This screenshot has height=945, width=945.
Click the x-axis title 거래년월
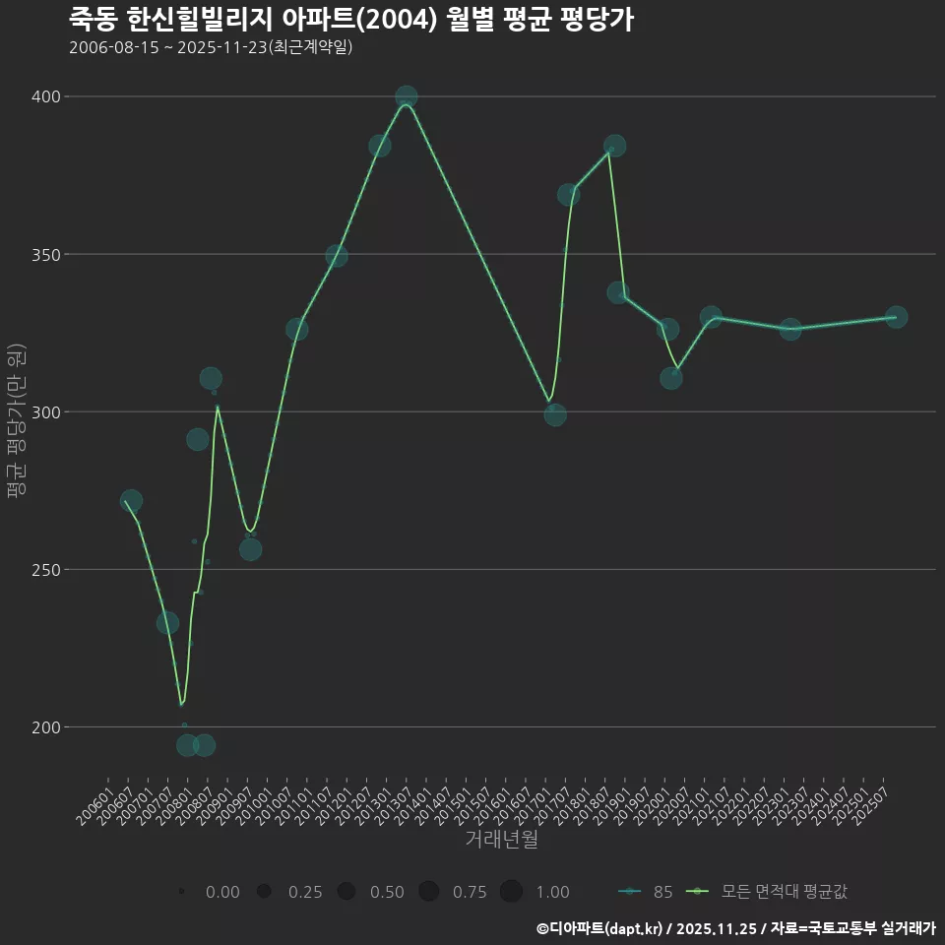pos(501,840)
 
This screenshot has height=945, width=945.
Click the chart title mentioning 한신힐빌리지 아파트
pos(351,20)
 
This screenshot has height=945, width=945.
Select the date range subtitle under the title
pos(211,47)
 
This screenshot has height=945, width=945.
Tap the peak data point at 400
pos(407,96)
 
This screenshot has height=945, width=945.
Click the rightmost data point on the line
pos(896,317)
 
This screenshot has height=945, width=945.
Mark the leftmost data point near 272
pos(131,501)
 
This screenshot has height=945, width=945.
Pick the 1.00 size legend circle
pos(511,892)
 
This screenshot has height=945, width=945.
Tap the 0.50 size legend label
pos(387,892)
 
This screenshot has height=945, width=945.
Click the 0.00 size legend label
pos(222,892)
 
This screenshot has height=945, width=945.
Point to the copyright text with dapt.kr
pos(735,928)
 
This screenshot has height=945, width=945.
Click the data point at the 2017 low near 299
pos(555,414)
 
